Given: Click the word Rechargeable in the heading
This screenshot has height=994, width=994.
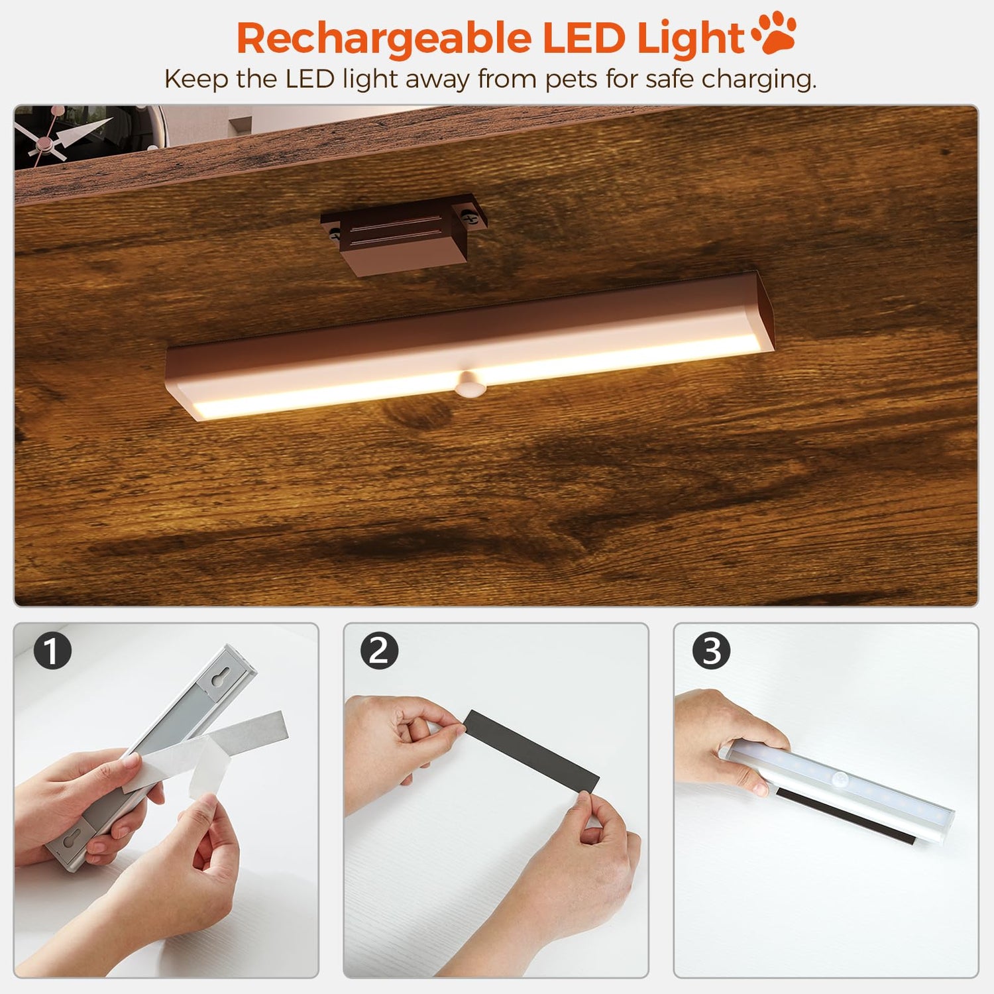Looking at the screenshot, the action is coord(384,39).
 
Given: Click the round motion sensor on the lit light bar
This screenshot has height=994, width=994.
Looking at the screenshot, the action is coord(469,384).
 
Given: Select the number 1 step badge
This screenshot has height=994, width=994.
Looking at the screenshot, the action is coord(52,650).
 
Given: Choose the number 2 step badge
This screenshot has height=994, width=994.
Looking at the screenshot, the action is coord(379,650).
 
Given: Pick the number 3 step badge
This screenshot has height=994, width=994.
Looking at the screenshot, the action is coord(711,650).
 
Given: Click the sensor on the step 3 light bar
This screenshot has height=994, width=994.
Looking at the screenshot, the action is coord(842,779).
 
